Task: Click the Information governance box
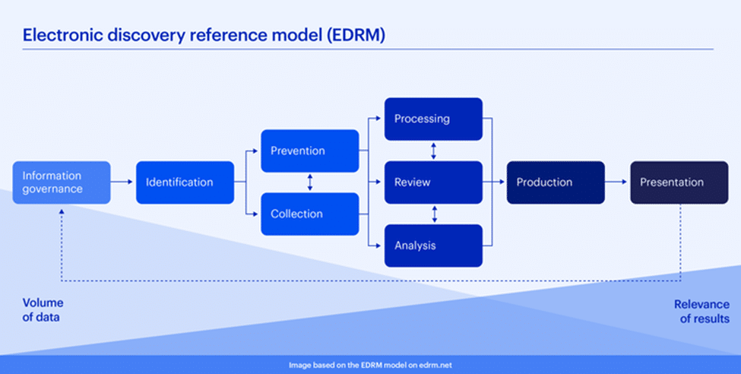(62, 182)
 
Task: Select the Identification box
(185, 182)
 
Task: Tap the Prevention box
(309, 151)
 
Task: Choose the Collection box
(309, 214)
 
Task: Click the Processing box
(433, 119)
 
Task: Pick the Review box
(433, 182)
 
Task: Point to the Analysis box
(433, 246)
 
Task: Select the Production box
(556, 182)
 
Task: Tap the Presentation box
(679, 182)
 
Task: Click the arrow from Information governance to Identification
(123, 182)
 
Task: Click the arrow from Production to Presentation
(617, 182)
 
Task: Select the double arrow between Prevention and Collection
(309, 182)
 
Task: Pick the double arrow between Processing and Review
(433, 151)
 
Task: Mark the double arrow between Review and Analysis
(433, 214)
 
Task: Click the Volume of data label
(42, 310)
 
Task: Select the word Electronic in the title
(57, 35)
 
